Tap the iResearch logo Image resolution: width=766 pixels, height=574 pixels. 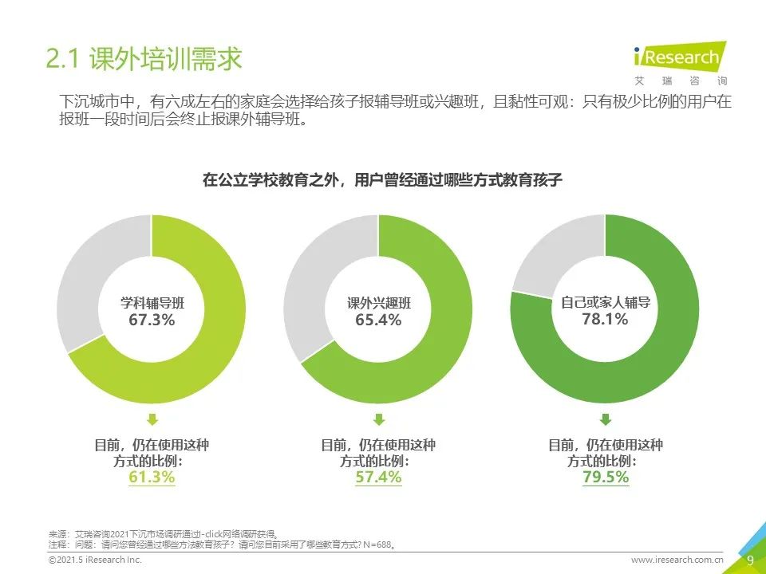pos(679,60)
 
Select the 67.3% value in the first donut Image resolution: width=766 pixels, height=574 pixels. pos(152,320)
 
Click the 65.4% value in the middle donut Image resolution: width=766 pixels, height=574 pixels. pos(378,320)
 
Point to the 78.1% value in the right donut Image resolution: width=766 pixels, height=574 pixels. pos(605,319)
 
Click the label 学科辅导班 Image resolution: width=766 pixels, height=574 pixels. pos(152,303)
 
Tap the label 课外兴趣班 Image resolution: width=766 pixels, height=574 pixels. pos(378,303)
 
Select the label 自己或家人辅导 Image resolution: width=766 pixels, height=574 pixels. pos(605,302)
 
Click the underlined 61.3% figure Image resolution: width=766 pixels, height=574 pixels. pos(152,478)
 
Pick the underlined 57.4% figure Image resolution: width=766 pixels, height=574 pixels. pos(378,478)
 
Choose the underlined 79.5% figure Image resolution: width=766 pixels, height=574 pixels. pos(605,478)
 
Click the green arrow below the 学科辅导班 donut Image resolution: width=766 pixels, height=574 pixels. pos(152,419)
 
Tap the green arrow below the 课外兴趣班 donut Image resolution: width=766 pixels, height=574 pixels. pos(378,419)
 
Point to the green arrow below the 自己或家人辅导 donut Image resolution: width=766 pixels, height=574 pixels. pos(605,419)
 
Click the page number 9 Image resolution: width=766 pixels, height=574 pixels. pos(749,560)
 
